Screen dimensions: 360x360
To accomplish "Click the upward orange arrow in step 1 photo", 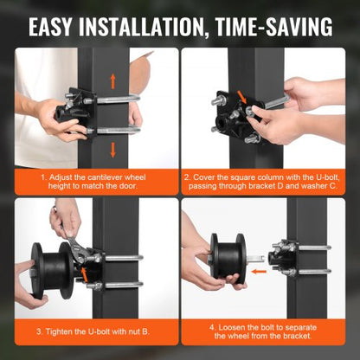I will (111, 82).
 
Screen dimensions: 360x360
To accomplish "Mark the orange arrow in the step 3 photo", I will (84, 273).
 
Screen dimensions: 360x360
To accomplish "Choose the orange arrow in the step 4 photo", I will (239, 280).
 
